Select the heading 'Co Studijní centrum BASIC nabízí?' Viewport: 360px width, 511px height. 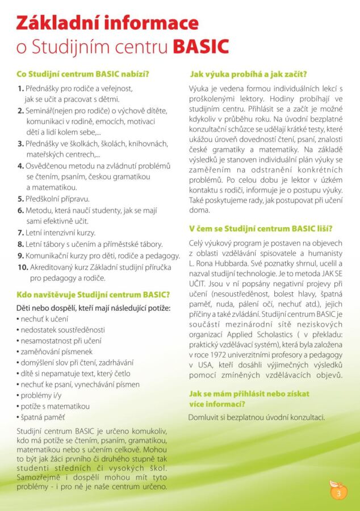click(x=83, y=74)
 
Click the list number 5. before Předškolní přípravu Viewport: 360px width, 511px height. click(x=20, y=199)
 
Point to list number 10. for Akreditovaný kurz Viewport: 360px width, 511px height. click(x=22, y=267)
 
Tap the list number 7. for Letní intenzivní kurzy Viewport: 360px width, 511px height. click(x=20, y=233)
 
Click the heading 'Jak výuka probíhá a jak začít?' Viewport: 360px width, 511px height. click(x=249, y=74)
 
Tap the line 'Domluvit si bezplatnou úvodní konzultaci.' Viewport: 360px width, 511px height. click(x=257, y=417)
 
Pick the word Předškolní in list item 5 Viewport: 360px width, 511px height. click(x=44, y=199)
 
